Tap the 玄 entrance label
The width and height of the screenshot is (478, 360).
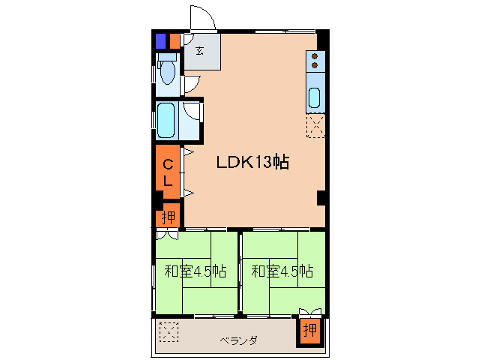click(200, 51)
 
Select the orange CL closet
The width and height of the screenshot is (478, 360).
click(168, 172)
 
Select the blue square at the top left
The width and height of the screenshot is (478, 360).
click(160, 41)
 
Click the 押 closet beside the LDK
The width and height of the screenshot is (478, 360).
click(169, 217)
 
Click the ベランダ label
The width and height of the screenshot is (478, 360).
click(239, 340)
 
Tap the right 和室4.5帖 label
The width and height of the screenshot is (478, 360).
click(282, 271)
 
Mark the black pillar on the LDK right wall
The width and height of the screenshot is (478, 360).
click(321, 198)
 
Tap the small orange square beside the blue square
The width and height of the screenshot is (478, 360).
click(175, 41)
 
